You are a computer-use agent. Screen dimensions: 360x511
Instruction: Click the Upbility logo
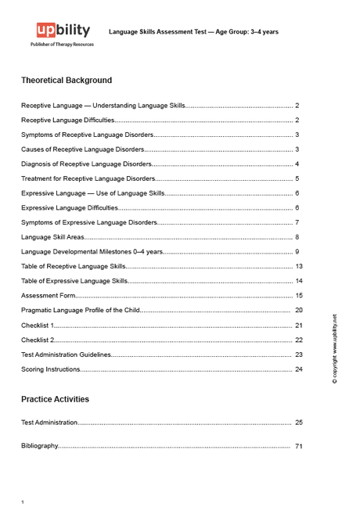tap(63, 31)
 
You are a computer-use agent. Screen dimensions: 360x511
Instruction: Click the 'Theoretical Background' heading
tap(67, 81)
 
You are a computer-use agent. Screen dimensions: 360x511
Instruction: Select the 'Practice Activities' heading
tap(55, 399)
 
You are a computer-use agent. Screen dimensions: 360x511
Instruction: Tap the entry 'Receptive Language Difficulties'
tap(68, 120)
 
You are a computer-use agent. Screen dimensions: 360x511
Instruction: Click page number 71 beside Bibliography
tap(299, 446)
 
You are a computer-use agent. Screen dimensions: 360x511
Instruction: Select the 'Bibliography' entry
tap(40, 446)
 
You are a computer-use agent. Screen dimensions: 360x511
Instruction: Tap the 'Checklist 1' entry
tap(38, 325)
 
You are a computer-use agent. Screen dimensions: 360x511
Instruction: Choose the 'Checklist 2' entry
tap(38, 340)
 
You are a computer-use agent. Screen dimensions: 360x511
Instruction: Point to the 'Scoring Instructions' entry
tap(51, 369)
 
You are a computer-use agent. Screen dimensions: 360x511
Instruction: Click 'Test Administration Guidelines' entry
tap(67, 354)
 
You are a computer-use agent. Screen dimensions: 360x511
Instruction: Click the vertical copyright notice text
tap(335, 349)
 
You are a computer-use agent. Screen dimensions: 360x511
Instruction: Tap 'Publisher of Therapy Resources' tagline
tap(62, 45)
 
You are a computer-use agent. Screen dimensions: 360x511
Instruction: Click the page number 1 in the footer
tap(23, 502)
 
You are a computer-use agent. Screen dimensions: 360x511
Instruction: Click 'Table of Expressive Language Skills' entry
tap(74, 280)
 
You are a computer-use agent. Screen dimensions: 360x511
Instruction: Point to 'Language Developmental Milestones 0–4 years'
tap(92, 251)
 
